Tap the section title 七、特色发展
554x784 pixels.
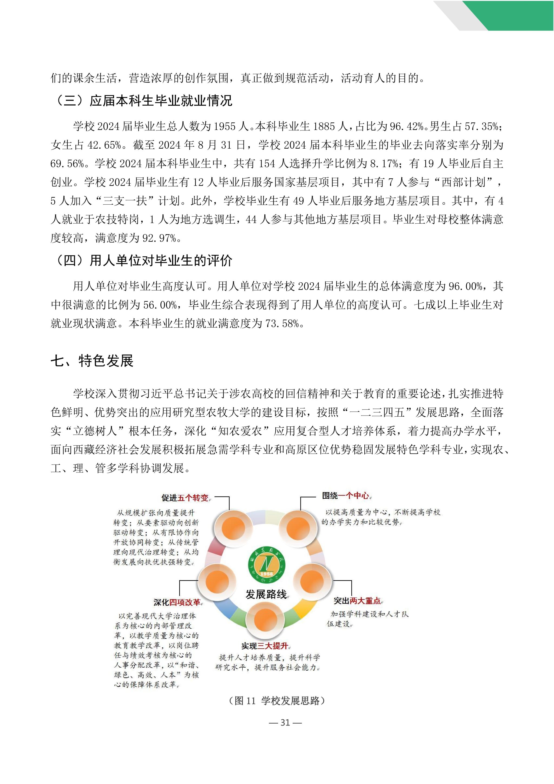[92, 361]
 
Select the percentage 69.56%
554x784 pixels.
[67, 164]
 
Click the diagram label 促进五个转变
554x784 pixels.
[185, 498]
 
